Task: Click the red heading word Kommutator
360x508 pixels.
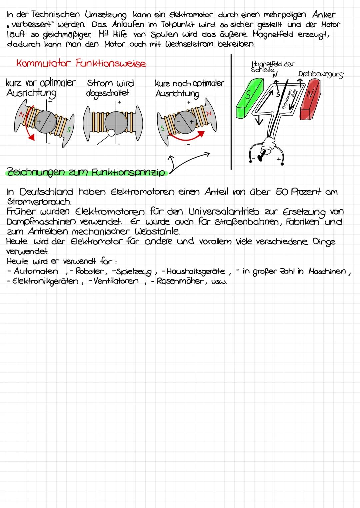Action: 44,63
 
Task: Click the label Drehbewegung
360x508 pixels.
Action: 320,74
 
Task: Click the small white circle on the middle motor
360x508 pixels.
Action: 111,133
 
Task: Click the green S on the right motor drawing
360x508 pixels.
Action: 163,128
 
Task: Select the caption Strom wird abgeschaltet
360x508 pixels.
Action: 110,88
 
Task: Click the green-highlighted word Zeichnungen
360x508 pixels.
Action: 36,172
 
